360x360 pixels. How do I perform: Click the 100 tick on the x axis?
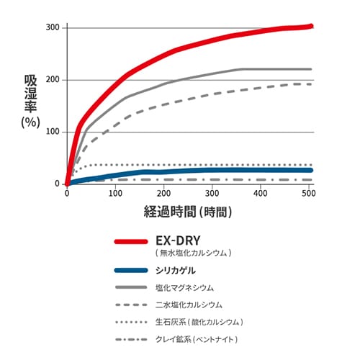(x=115, y=194)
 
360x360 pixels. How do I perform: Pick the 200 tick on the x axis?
(x=164, y=194)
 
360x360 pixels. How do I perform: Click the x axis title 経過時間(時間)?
(x=189, y=212)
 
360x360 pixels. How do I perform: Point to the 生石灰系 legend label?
(x=199, y=321)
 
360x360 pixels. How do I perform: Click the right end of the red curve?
(x=311, y=26)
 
